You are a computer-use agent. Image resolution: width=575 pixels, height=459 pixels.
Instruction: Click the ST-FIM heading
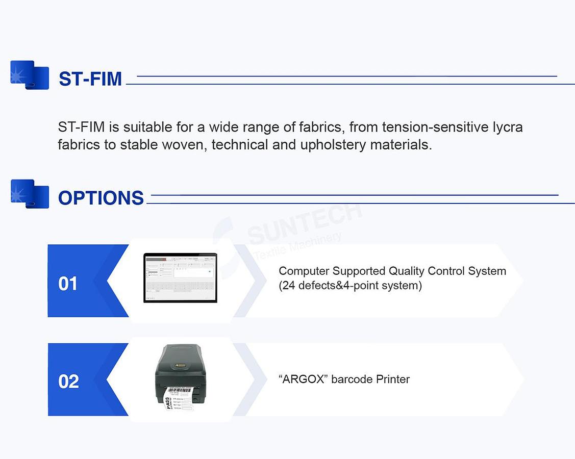(90, 79)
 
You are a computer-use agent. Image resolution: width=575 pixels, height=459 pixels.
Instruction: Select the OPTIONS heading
(101, 198)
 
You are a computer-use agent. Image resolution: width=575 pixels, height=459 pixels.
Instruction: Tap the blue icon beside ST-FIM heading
(30, 75)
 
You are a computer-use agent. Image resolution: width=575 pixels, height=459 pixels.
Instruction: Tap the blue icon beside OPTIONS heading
(30, 194)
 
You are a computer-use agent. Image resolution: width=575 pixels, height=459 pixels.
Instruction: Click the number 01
(68, 284)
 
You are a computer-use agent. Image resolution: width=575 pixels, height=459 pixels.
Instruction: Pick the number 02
(68, 381)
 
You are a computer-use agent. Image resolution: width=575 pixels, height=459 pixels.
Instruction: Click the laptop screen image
(180, 277)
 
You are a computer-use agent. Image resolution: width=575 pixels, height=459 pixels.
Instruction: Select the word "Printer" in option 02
(393, 379)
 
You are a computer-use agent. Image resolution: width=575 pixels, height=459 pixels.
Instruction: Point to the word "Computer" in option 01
(304, 271)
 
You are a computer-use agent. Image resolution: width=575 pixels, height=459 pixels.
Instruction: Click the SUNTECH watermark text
(305, 222)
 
